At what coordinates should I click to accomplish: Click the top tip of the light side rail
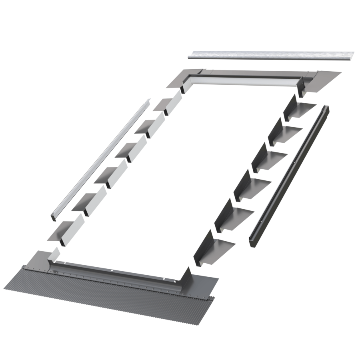(x=148, y=100)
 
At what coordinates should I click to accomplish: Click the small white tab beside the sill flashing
(x=54, y=253)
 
